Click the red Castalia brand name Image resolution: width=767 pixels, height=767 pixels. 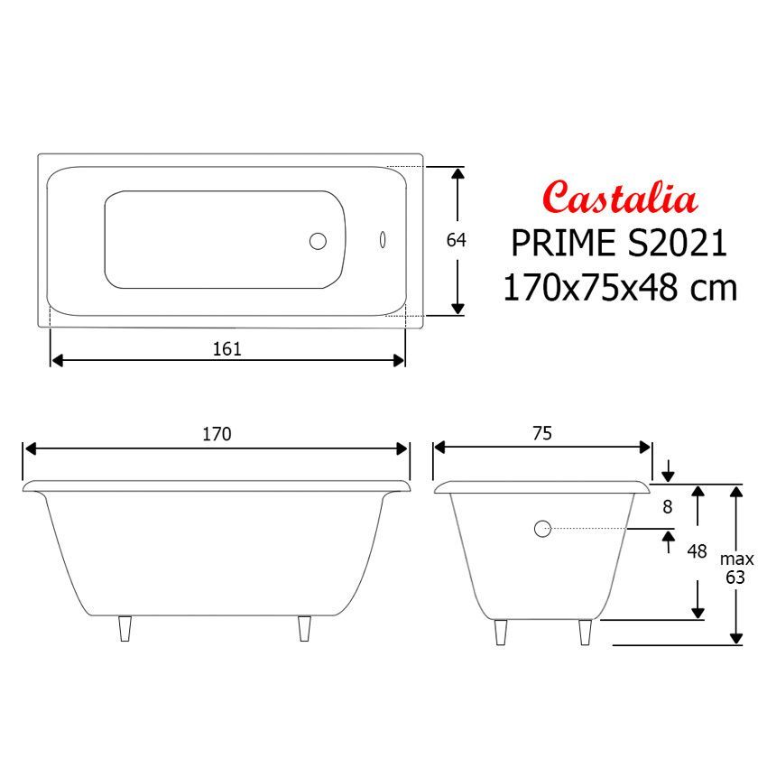[x=619, y=199]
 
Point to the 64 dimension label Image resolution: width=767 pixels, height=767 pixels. [x=457, y=241]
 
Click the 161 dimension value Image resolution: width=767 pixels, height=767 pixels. [x=226, y=348]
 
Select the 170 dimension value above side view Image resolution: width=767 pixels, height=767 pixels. [x=217, y=434]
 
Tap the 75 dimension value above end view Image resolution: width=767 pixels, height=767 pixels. [x=541, y=434]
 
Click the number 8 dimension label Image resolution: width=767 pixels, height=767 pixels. [x=668, y=507]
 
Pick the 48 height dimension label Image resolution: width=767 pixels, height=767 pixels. [x=697, y=550]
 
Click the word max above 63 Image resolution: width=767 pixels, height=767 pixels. [x=736, y=559]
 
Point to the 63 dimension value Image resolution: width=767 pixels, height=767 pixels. [x=735, y=578]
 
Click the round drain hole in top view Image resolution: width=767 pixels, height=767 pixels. [x=318, y=241]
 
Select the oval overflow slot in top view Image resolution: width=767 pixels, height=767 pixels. [x=383, y=241]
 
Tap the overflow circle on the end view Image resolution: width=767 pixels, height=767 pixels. [x=542, y=530]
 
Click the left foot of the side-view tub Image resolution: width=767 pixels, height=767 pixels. [x=125, y=629]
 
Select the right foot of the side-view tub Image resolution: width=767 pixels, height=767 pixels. [x=305, y=629]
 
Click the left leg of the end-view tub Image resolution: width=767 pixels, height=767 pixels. [x=501, y=632]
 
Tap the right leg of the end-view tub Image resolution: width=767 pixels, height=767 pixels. [x=586, y=632]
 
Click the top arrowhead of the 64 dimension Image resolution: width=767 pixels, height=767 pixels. [x=458, y=173]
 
